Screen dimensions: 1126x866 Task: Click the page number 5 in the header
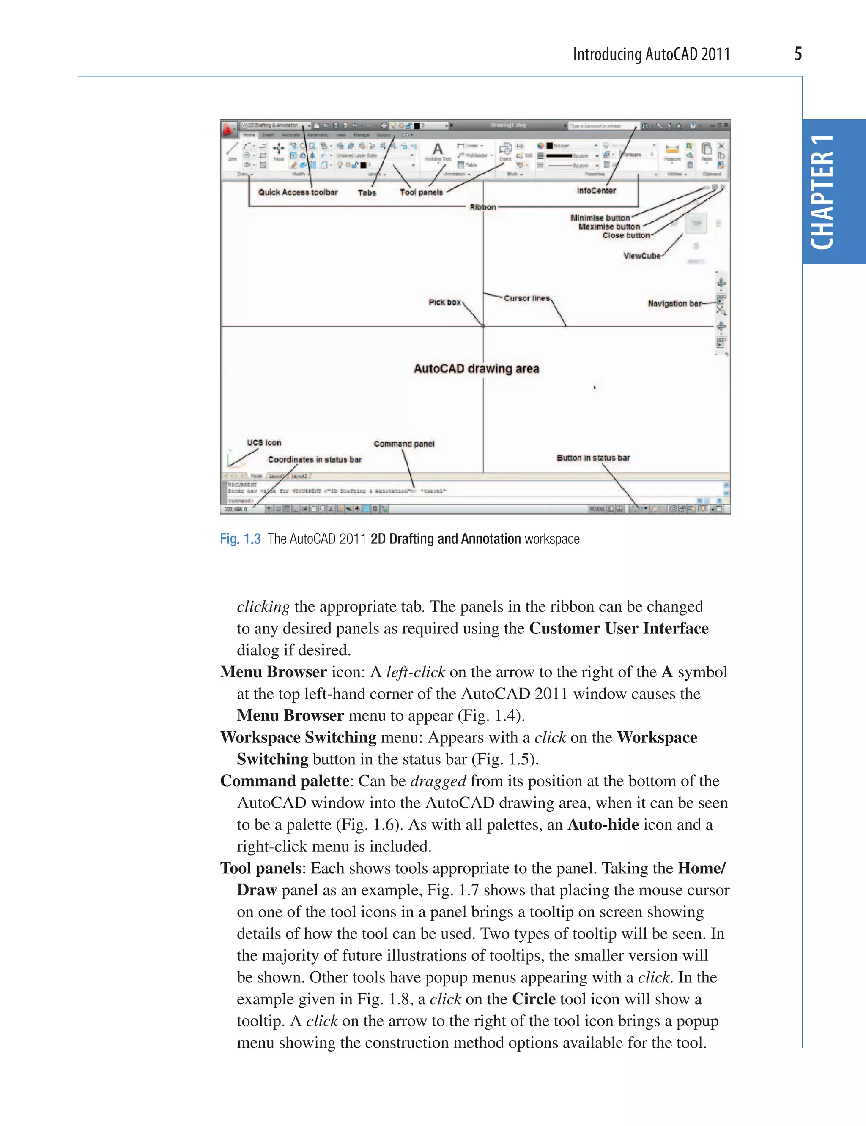pyautogui.click(x=797, y=54)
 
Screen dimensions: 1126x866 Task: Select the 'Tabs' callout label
pyautogui.click(x=367, y=193)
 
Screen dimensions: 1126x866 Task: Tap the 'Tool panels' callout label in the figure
pyautogui.click(x=421, y=192)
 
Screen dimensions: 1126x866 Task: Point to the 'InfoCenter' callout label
pyautogui.click(x=596, y=191)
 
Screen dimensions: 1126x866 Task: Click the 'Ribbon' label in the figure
pyautogui.click(x=482, y=207)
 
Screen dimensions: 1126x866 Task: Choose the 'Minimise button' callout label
pyautogui.click(x=600, y=218)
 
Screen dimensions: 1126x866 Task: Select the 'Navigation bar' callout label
pyautogui.click(x=674, y=303)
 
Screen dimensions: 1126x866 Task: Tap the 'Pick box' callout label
pyautogui.click(x=444, y=303)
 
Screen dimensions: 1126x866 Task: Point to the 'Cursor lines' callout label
pyautogui.click(x=526, y=298)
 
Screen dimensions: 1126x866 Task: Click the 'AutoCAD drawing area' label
pyautogui.click(x=476, y=369)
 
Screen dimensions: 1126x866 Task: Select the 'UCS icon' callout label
pyautogui.click(x=264, y=442)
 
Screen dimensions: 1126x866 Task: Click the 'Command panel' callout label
pyautogui.click(x=404, y=444)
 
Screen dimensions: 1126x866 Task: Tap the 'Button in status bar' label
pyautogui.click(x=593, y=458)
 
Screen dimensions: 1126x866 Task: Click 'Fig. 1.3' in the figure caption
pyautogui.click(x=240, y=539)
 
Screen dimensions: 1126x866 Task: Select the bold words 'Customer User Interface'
pyautogui.click(x=619, y=628)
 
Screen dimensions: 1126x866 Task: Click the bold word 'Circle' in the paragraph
pyautogui.click(x=534, y=999)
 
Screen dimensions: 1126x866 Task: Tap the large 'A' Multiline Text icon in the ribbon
pyautogui.click(x=438, y=150)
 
